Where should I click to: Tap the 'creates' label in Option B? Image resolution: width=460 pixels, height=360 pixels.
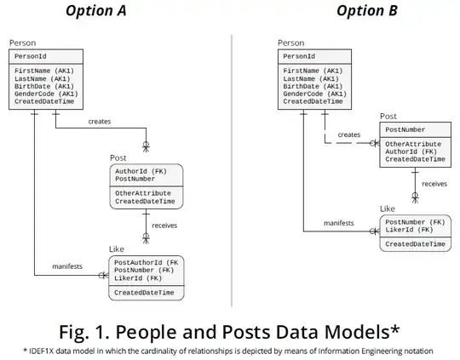pos(349,134)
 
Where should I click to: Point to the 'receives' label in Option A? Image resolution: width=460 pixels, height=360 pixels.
pos(164,226)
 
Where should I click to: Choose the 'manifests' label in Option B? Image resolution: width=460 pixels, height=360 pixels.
pos(338,223)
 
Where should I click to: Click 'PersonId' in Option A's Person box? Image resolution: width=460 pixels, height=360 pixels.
pos(31,55)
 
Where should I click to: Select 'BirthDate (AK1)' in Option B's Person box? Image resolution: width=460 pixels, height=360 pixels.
pos(314,86)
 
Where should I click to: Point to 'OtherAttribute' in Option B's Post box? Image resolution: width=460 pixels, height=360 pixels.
pos(414,144)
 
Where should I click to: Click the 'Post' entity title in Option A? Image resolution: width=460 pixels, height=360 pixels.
pos(118,158)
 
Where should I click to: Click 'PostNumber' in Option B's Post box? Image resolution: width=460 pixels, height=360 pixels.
pos(405,129)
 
